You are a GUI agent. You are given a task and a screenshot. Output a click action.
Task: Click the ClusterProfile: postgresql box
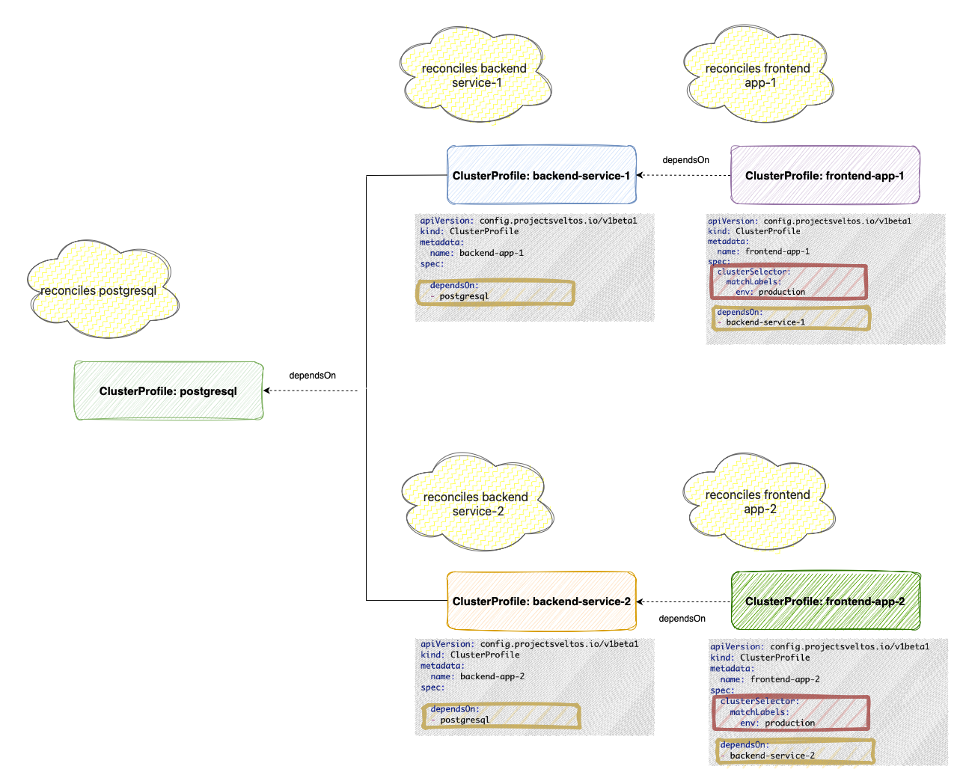point(168,390)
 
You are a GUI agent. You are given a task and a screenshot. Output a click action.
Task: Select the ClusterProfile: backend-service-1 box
point(541,175)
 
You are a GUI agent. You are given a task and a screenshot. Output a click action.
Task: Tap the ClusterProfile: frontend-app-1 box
point(825,175)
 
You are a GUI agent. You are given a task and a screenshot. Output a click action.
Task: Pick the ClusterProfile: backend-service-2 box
point(541,601)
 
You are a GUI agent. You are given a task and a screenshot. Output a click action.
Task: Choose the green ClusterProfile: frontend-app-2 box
point(825,601)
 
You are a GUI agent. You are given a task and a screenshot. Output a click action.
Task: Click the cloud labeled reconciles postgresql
point(101,290)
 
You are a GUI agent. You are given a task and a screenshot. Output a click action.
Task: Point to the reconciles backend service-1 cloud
point(475,75)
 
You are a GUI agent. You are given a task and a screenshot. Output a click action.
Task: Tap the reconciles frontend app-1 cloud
point(757,75)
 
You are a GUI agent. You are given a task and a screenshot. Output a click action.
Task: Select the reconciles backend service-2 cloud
point(477,503)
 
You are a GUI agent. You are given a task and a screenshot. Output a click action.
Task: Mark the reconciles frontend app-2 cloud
point(758,501)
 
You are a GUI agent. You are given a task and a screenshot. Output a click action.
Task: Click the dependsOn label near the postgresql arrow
point(312,376)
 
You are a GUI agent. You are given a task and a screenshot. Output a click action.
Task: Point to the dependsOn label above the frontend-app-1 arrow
point(685,160)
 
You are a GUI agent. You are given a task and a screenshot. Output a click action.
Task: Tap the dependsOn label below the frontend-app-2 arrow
point(682,619)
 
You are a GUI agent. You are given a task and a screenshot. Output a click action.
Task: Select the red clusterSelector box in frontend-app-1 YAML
point(789,282)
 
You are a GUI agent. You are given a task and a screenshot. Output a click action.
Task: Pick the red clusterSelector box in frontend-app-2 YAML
point(791,713)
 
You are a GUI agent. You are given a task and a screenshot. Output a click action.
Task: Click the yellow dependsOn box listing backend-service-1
point(792,318)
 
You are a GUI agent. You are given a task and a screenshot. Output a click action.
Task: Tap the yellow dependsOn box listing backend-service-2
point(795,751)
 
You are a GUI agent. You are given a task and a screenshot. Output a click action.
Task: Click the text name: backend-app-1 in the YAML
point(477,253)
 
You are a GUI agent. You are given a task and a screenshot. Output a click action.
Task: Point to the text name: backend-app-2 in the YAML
point(477,676)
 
